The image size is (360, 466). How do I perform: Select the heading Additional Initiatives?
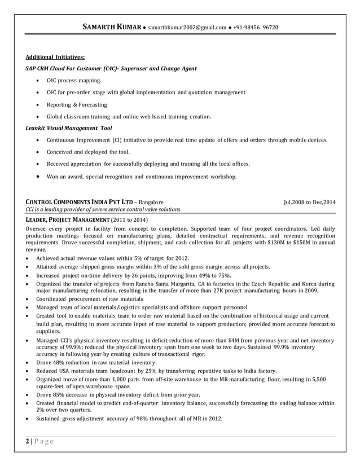click(x=55, y=57)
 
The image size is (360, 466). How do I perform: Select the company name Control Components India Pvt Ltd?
click(x=80, y=201)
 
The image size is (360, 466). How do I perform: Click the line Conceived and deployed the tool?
click(x=88, y=152)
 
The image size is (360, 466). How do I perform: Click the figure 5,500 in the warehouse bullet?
click(x=318, y=380)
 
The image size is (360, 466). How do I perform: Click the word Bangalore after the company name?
click(x=151, y=201)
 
